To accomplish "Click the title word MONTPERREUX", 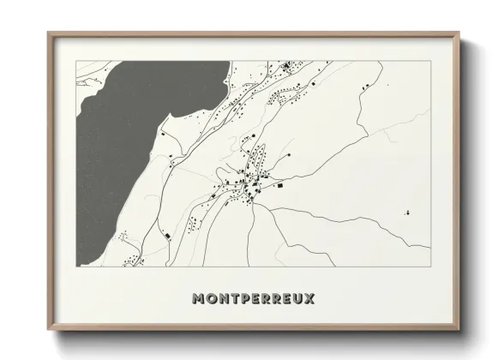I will tap(254, 299).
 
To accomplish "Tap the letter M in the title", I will tap(200, 299).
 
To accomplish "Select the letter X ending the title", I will tap(309, 299).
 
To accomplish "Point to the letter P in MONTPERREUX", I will tap(243, 299).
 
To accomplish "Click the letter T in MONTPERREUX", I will tap(232, 299).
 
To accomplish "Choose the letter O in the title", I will tap(211, 299).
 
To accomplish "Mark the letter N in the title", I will tap(222, 299).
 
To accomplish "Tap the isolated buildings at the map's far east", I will tap(408, 212).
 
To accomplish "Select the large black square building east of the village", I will tap(279, 184).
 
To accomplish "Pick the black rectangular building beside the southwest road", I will tap(168, 235).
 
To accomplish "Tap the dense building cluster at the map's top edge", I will tap(286, 66).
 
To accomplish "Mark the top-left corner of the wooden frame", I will tap(49, 34).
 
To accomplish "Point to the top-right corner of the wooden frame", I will tap(459, 34).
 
